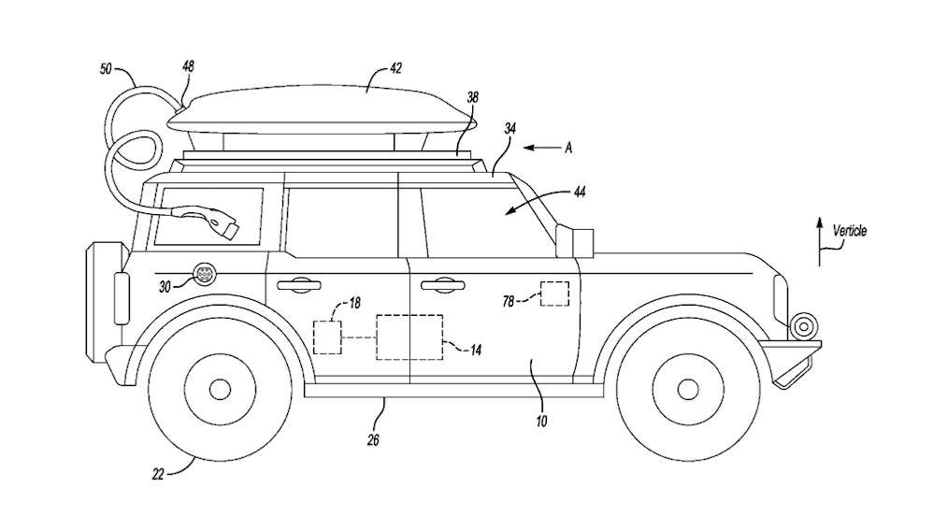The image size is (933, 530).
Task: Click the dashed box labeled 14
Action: pos(409,337)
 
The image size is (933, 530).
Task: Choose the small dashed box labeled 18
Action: pos(328,337)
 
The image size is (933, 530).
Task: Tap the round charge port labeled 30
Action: pos(203,274)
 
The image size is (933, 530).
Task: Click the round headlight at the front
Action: pos(801,326)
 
